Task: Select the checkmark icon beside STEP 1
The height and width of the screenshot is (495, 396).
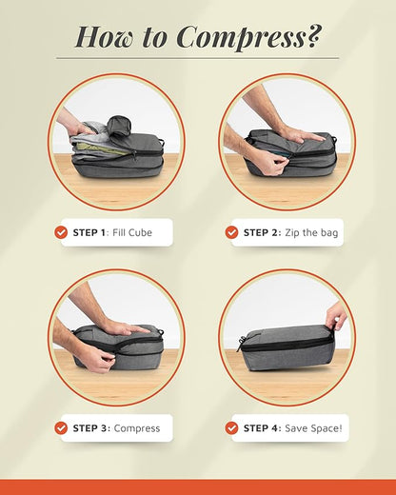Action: click(61, 232)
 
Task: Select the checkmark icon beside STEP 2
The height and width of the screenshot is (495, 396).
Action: click(231, 232)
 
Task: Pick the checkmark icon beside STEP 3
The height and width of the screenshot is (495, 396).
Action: click(61, 428)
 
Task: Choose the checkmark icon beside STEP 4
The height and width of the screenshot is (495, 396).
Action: click(231, 428)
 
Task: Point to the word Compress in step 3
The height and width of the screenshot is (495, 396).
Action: click(137, 428)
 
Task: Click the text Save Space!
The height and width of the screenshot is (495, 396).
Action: click(313, 428)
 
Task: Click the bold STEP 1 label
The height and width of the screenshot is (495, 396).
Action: click(91, 232)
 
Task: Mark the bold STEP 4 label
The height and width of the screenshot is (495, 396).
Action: click(262, 428)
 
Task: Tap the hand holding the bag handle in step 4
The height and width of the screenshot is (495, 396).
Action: click(335, 315)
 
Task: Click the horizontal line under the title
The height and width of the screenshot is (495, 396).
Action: click(197, 58)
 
